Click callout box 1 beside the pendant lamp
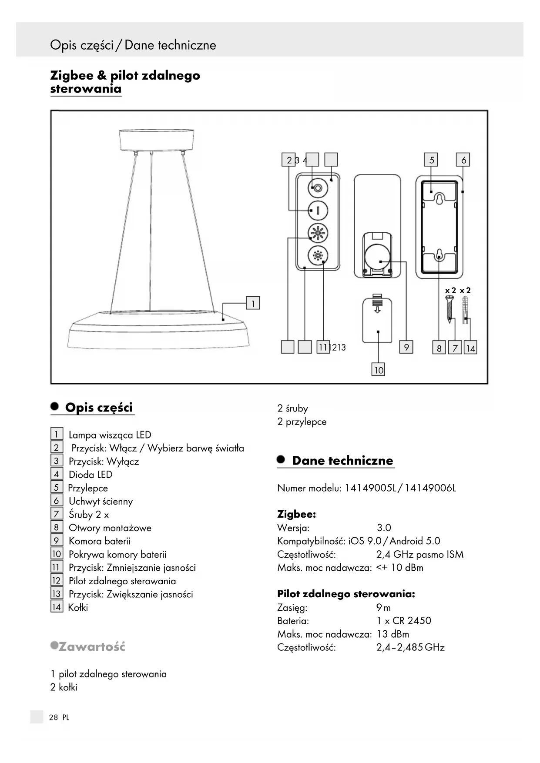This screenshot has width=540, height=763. (253, 303)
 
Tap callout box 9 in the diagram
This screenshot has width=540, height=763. (406, 347)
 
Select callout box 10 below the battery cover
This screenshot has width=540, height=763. (378, 370)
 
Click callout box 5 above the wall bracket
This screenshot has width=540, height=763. (431, 160)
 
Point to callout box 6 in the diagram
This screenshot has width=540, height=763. (463, 160)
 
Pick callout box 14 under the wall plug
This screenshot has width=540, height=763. (470, 348)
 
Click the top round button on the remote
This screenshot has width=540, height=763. (318, 188)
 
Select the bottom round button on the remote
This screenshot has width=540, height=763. (318, 255)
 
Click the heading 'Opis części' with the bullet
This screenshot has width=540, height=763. (98, 408)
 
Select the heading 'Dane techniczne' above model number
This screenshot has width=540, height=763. (342, 461)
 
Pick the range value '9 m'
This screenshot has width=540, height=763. (383, 608)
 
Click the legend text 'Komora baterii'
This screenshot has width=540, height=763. (99, 541)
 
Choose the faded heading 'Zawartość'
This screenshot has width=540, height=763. (91, 646)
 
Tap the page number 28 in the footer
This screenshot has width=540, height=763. (54, 717)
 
